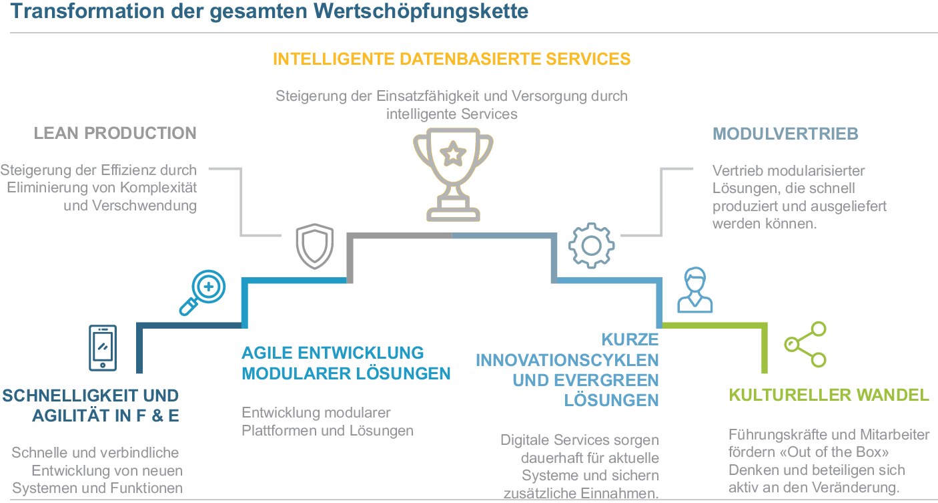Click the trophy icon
453,176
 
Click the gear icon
591,246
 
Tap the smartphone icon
102,347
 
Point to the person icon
694,290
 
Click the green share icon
805,344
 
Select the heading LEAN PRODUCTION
115,133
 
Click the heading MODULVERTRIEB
785,134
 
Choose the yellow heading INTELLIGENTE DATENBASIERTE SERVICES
452,59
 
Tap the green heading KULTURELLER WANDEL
829,395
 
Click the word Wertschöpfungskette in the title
438,13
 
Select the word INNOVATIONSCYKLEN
567,360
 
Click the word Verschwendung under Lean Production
130,205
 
